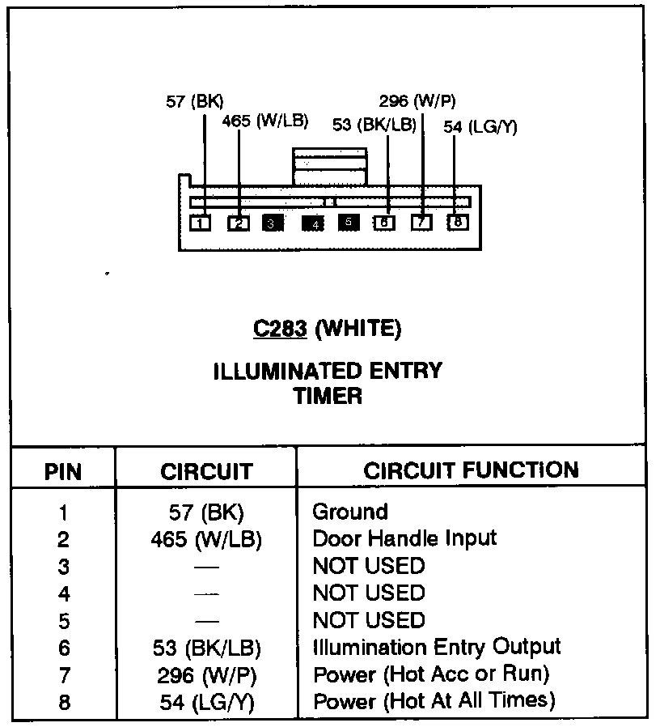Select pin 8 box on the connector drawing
(x=458, y=221)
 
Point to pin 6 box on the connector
(x=384, y=223)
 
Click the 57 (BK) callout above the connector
(x=194, y=101)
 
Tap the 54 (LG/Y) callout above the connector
(x=480, y=126)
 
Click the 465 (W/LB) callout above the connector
(x=265, y=121)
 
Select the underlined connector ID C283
(x=280, y=328)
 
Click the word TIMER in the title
(x=328, y=396)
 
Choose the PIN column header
(x=63, y=471)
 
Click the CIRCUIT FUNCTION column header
(x=471, y=470)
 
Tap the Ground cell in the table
(x=350, y=512)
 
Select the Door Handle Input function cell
(x=404, y=538)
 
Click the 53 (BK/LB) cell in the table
(x=206, y=648)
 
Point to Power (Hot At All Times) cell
(x=434, y=700)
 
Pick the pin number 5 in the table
(x=64, y=621)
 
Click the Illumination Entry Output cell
(x=437, y=647)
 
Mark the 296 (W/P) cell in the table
(x=206, y=674)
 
